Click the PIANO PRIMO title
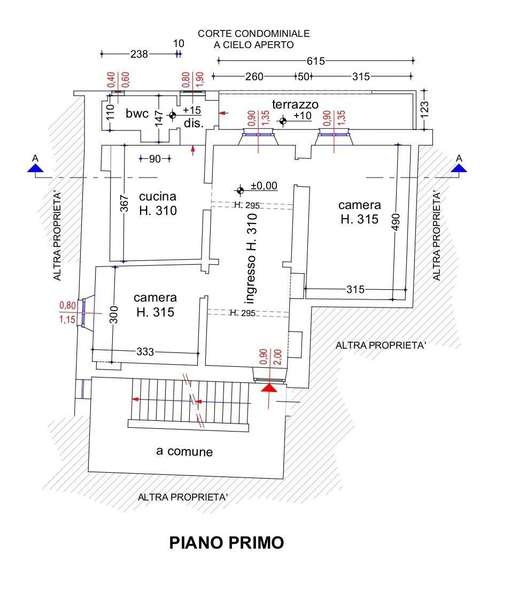pyautogui.click(x=227, y=542)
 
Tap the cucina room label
pyautogui.click(x=158, y=197)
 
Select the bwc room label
pyautogui.click(x=137, y=113)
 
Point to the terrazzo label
pyautogui.click(x=295, y=104)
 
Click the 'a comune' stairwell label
pyautogui.click(x=184, y=451)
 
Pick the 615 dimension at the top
pyautogui.click(x=315, y=61)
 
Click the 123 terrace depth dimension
pyautogui.click(x=425, y=110)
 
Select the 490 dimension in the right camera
pyautogui.click(x=396, y=222)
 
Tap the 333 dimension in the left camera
pyautogui.click(x=145, y=352)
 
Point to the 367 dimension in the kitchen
pyautogui.click(x=124, y=204)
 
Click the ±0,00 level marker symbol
pyautogui.click(x=240, y=190)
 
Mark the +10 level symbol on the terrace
pyautogui.click(x=283, y=121)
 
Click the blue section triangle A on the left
pyautogui.click(x=35, y=168)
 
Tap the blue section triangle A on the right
pyautogui.click(x=459, y=168)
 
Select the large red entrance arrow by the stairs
pyautogui.click(x=269, y=388)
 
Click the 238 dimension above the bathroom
pyautogui.click(x=139, y=54)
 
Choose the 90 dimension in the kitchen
pyautogui.click(x=154, y=159)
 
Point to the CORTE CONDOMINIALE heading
pyautogui.click(x=253, y=34)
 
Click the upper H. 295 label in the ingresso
pyautogui.click(x=246, y=205)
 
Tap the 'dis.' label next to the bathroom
pyautogui.click(x=194, y=123)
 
